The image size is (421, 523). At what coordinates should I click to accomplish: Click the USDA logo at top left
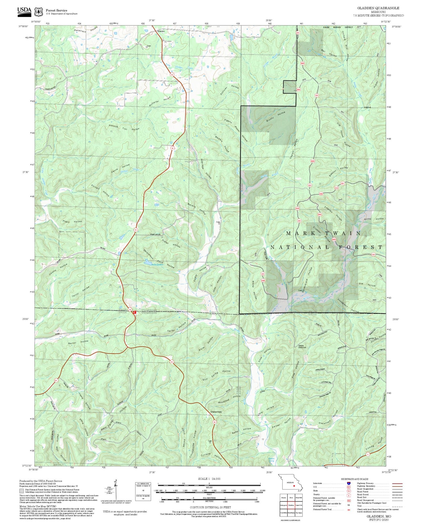[x=24, y=11]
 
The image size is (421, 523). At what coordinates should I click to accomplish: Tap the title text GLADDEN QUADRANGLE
[x=378, y=8]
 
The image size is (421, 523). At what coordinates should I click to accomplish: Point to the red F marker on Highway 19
[x=135, y=312]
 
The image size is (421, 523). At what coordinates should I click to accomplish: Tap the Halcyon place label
[x=368, y=107]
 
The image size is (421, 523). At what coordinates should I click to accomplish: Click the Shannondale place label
[x=216, y=412]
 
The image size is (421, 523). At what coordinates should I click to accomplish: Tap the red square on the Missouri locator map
[x=294, y=486]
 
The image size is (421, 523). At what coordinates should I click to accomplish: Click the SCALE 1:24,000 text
[x=209, y=479]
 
